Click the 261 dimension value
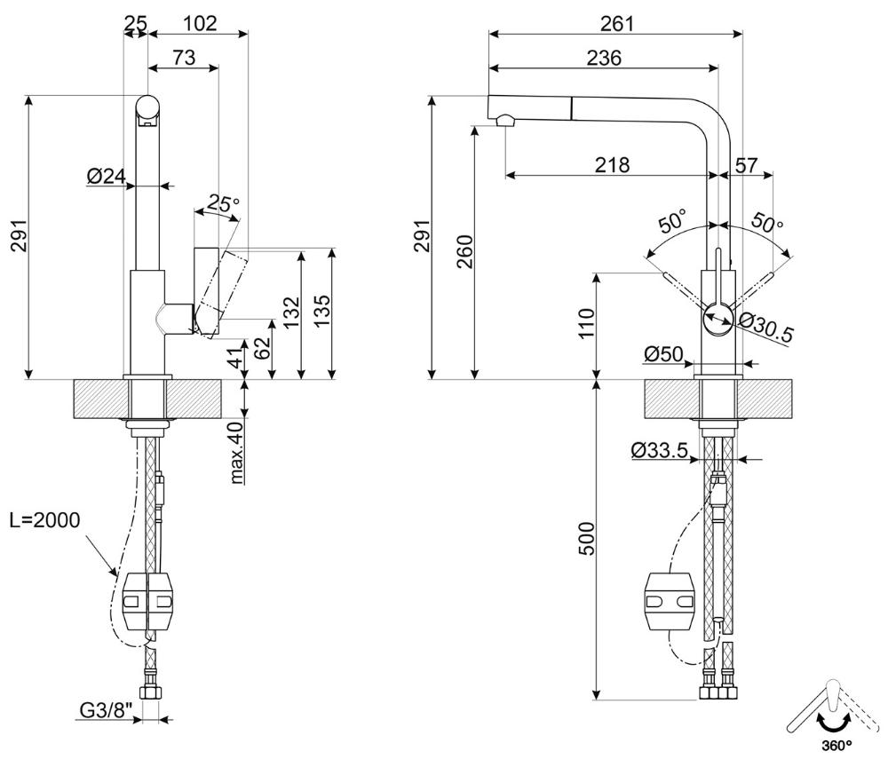[617, 23]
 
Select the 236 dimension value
[604, 58]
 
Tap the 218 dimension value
[612, 165]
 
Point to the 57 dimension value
[746, 165]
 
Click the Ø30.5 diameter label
[765, 327]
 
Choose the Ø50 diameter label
[663, 354]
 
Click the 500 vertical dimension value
[589, 538]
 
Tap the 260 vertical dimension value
[464, 251]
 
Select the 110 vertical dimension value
[587, 323]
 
